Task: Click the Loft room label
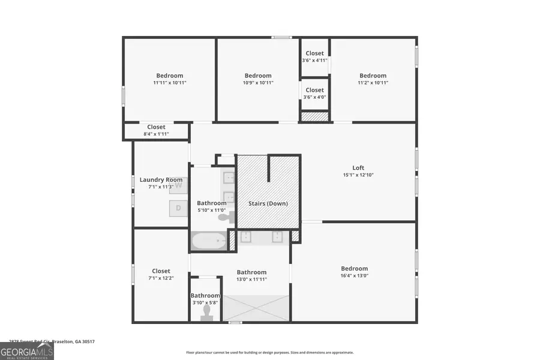click(x=358, y=167)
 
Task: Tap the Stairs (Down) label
click(x=268, y=203)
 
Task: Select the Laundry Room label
click(x=161, y=179)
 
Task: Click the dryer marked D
click(x=178, y=208)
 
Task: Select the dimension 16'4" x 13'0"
click(x=354, y=276)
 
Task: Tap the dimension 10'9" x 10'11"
click(x=258, y=83)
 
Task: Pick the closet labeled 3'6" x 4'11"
click(x=314, y=60)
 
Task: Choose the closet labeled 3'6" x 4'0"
click(x=314, y=97)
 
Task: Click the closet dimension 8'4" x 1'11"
click(x=156, y=134)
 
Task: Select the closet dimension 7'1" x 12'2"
click(x=161, y=278)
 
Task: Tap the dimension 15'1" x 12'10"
click(x=358, y=175)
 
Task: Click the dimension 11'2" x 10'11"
click(x=373, y=83)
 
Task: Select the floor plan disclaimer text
click(x=270, y=353)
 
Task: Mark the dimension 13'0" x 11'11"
click(x=251, y=279)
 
